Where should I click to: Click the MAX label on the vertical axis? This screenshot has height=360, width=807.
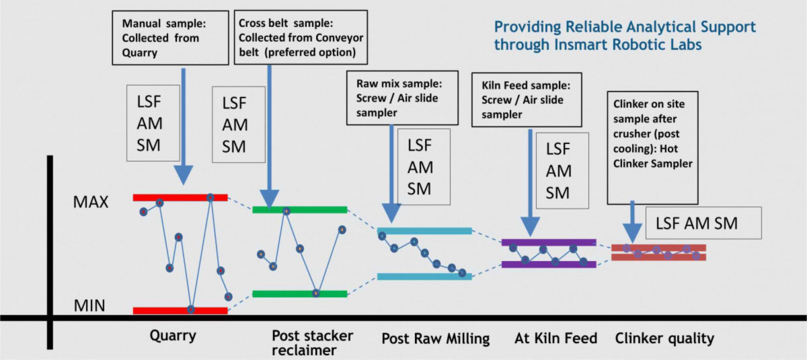91,202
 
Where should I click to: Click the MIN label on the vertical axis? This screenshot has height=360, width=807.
89,307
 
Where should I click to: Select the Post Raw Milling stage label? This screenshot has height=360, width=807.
435,338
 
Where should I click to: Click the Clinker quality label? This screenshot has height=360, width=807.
664,338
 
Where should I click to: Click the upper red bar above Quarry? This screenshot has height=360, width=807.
180,197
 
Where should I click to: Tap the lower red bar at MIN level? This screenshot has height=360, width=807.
180,310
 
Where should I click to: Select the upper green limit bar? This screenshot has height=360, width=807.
300,210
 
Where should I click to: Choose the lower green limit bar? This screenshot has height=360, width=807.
300,293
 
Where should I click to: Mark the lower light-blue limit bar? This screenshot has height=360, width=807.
424,277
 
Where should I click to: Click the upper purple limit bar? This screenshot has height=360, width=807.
549,242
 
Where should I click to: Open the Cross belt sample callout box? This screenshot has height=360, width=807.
302,36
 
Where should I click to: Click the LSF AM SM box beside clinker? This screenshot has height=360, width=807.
703,223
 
